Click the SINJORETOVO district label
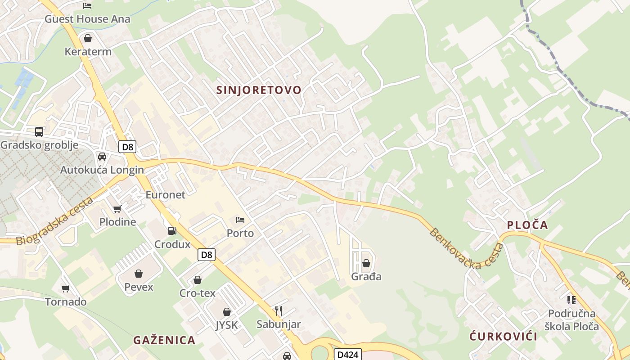259,90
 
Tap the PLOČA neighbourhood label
527,225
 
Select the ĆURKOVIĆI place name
504,336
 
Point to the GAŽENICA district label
164,340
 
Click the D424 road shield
348,355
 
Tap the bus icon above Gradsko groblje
39,132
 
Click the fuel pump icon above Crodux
172,231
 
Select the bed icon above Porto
240,220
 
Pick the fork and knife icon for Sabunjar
279,311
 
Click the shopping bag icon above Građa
366,263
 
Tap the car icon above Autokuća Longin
102,157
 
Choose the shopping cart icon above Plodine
117,209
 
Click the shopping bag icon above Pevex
139,274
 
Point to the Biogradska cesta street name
55,221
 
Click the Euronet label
165,195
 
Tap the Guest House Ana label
87,19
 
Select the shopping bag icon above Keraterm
88,38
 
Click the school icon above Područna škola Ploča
571,300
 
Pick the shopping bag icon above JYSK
227,312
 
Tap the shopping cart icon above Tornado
66,288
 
